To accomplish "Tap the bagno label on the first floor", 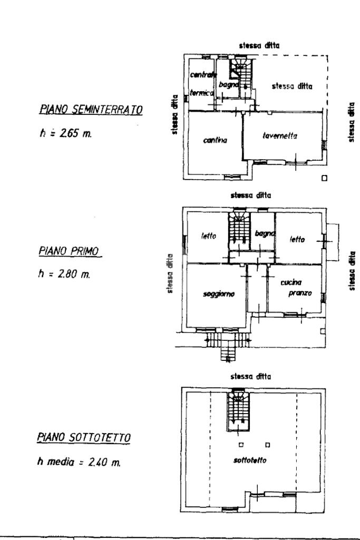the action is pyautogui.click(x=262, y=233).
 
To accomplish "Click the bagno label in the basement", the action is pyautogui.click(x=230, y=84).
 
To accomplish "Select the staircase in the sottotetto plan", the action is pyautogui.click(x=238, y=409).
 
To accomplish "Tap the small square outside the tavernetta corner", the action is pyautogui.click(x=325, y=178).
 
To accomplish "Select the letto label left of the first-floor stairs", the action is pyautogui.click(x=208, y=237).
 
